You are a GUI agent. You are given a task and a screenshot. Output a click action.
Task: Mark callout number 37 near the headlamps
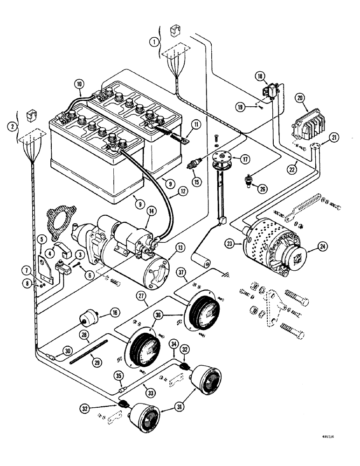click(182, 272)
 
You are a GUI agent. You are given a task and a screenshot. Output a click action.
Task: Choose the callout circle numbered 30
click(68, 351)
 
